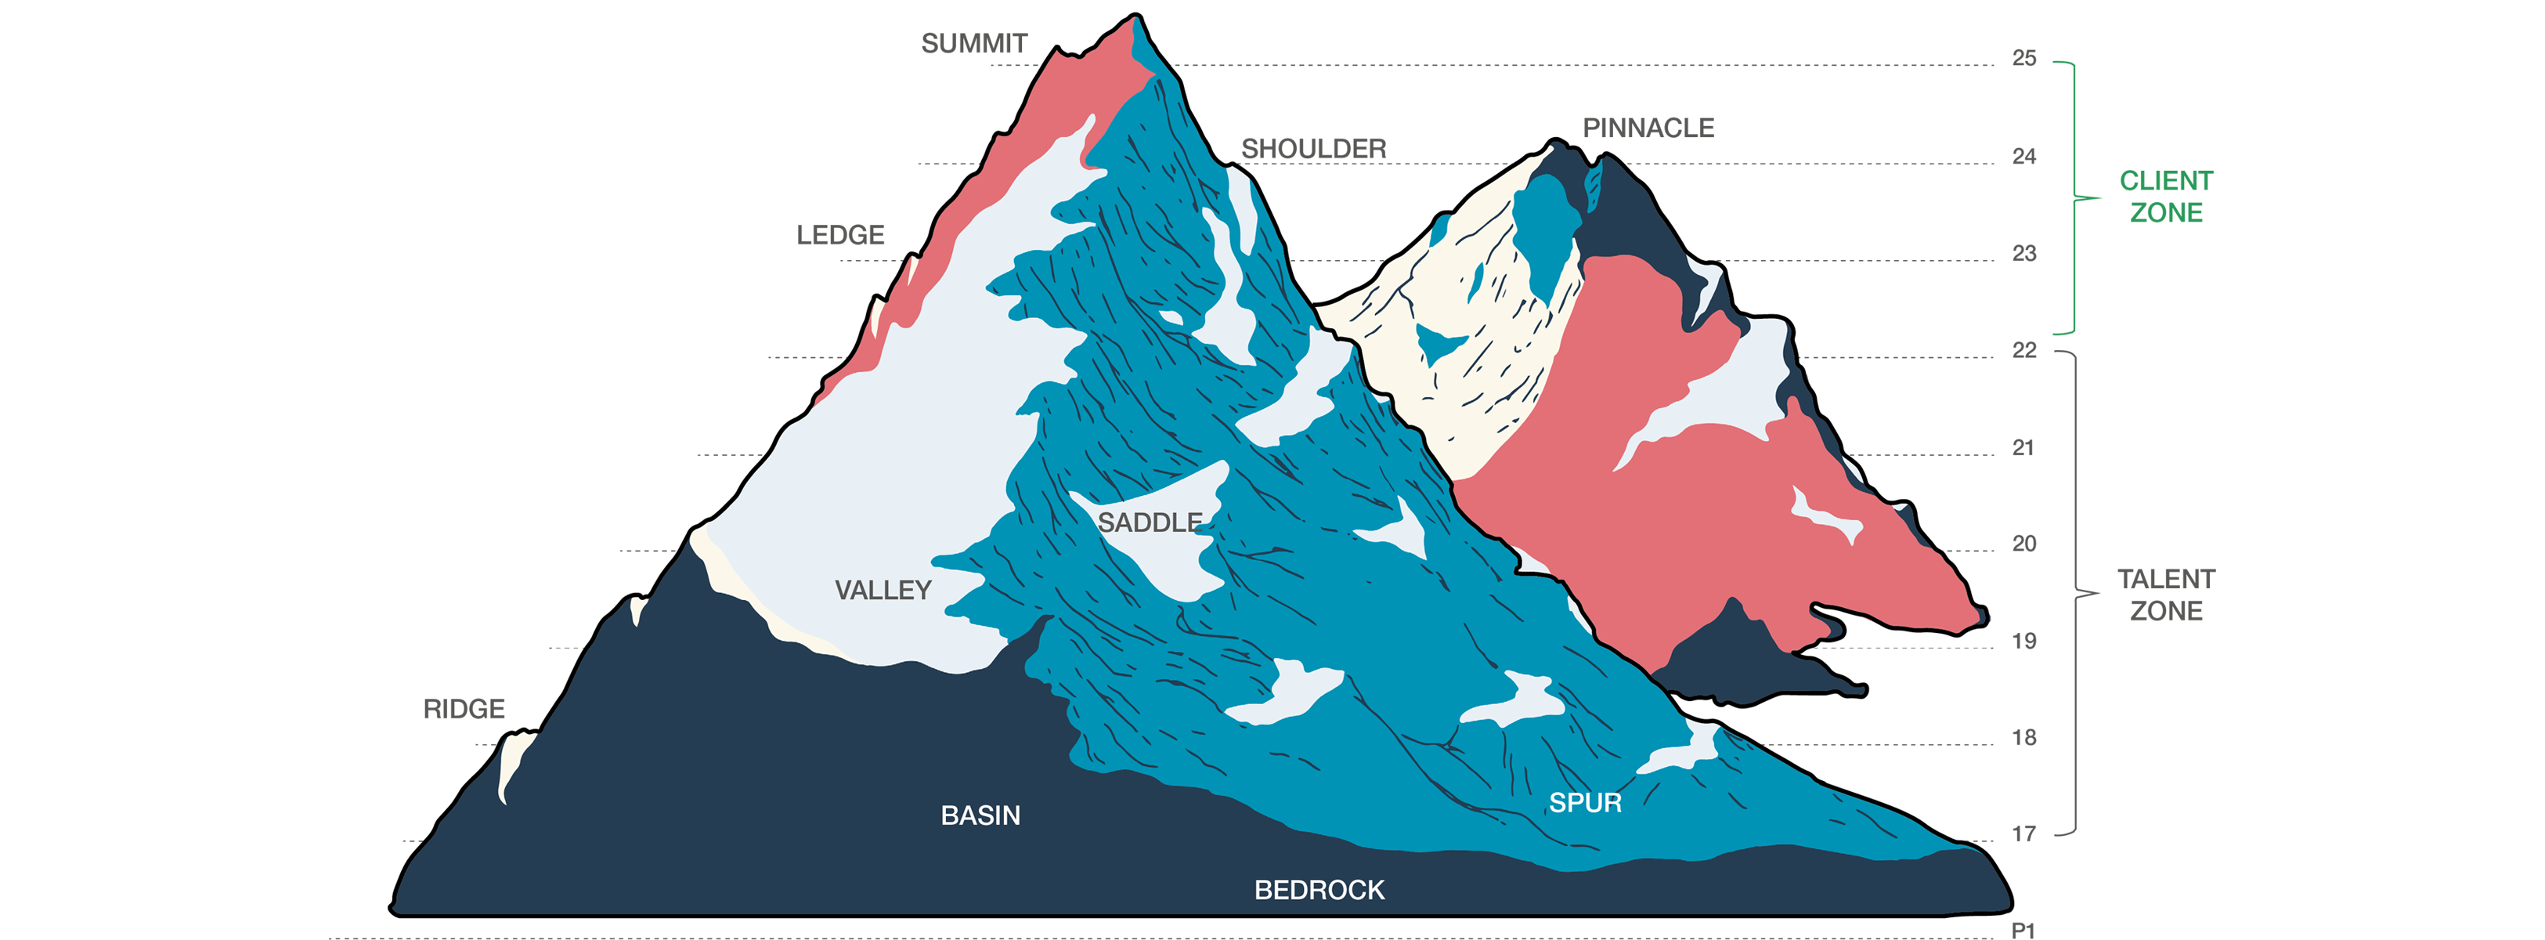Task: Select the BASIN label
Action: pos(980,815)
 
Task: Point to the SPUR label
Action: pos(1585,803)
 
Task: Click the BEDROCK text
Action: pos(1319,890)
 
